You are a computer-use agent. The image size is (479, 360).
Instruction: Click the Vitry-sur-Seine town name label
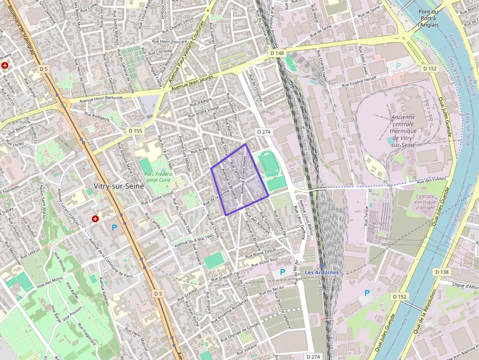coord(119,186)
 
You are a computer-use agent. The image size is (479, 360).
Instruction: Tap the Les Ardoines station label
coord(322,272)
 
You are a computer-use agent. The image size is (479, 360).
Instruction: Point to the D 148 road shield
coord(276,53)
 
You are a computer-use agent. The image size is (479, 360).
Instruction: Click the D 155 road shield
coord(135,131)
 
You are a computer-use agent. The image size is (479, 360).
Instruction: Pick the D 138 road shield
coord(441,272)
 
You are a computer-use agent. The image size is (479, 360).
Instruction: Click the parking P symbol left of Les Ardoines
coord(282,272)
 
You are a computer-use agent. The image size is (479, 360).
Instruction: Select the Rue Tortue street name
coord(365,215)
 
